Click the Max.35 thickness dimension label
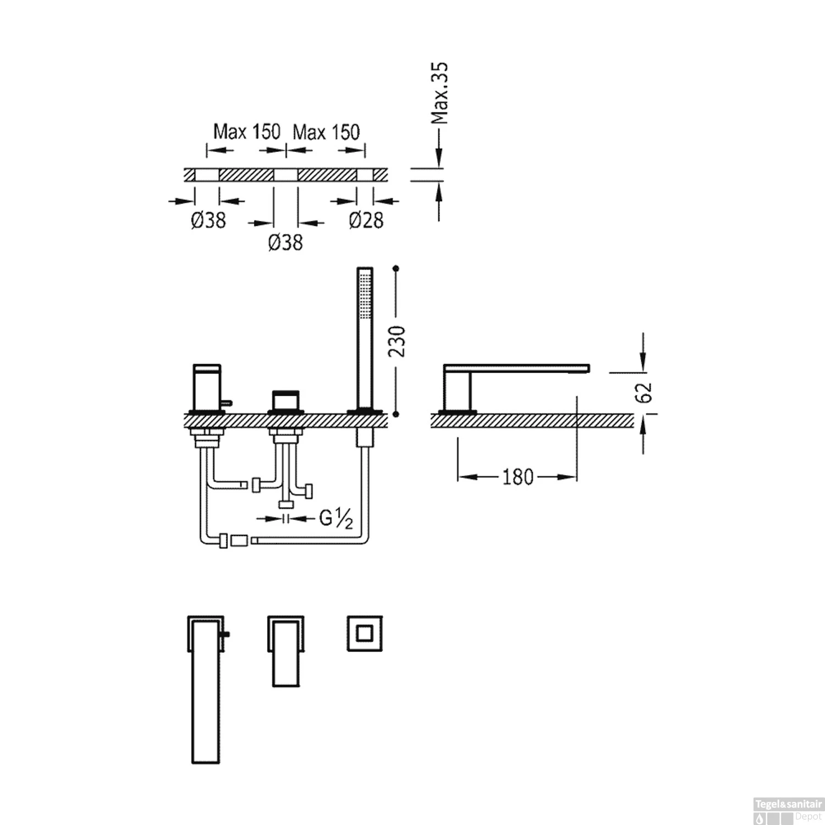tap(440, 94)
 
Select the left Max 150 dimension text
tap(246, 132)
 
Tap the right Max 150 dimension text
tap(326, 132)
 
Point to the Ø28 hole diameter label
tap(366, 221)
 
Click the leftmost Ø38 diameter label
tap(208, 221)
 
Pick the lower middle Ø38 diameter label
tap(285, 243)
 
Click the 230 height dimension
tap(397, 341)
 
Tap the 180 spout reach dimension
tap(518, 477)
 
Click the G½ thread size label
tap(335, 519)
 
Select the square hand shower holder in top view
tap(364, 634)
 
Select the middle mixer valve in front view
tap(285, 401)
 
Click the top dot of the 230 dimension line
tap(396, 268)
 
